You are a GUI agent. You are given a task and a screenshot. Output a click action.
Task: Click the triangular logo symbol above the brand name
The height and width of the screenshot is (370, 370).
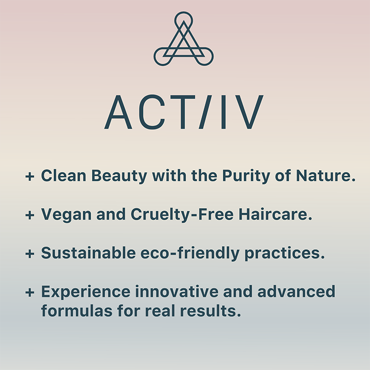tap(184, 49)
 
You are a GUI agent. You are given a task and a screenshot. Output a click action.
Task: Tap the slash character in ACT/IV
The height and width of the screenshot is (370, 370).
tap(204, 112)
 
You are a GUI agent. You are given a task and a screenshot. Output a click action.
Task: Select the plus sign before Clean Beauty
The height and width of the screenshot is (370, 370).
tap(30, 176)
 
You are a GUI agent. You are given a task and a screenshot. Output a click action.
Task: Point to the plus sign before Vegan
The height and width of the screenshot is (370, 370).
tap(30, 215)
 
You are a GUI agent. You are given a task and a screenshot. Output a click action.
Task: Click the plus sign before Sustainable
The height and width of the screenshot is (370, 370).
tap(30, 253)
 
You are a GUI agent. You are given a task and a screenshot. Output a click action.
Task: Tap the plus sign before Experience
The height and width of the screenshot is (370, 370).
tap(30, 293)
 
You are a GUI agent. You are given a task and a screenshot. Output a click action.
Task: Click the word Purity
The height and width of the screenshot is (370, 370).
tap(246, 176)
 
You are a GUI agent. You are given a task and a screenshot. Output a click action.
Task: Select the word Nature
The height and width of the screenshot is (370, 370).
tap(326, 176)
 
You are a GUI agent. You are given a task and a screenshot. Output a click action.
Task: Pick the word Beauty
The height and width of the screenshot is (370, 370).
tap(119, 176)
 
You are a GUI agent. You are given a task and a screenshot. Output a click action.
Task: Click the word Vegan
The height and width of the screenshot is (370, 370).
tap(66, 215)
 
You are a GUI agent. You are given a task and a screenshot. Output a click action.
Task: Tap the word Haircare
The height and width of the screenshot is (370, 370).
tap(275, 214)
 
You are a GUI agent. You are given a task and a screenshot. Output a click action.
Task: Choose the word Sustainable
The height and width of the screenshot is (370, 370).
tap(88, 253)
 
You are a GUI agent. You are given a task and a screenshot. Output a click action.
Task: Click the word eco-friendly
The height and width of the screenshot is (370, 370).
tap(190, 253)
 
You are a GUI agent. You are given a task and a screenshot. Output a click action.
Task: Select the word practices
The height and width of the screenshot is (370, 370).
tap(284, 253)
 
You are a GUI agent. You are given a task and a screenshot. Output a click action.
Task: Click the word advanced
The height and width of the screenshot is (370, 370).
tap(296, 291)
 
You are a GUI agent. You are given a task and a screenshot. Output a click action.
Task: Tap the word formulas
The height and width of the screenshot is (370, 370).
tap(77, 310)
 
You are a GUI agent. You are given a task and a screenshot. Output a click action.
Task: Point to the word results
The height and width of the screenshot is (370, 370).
tap(210, 310)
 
